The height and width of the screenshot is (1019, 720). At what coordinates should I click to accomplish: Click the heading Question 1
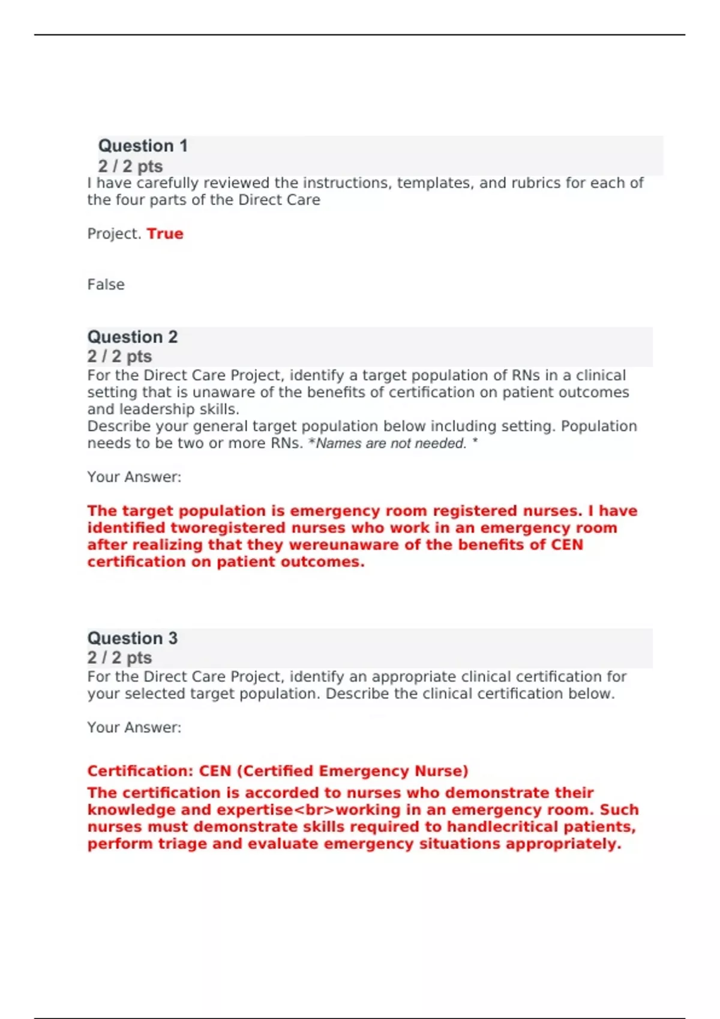[143, 146]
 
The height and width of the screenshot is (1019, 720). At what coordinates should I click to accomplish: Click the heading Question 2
[133, 337]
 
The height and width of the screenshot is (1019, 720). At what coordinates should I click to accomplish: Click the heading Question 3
[133, 638]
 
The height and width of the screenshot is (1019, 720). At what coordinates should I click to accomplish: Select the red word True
[165, 234]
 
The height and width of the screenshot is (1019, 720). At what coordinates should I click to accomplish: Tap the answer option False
[106, 285]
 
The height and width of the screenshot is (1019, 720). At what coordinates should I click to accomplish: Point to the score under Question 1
[130, 166]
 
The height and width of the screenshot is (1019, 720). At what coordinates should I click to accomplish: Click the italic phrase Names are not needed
[391, 444]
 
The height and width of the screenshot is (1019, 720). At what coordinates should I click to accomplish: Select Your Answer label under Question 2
[134, 477]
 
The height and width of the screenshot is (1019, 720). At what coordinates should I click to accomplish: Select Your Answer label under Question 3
[134, 728]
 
